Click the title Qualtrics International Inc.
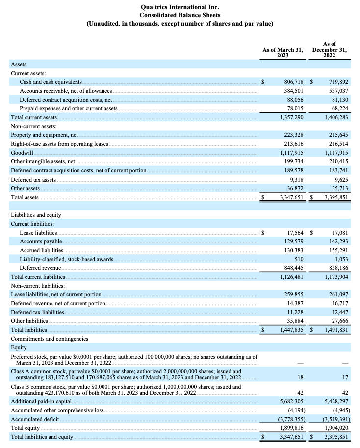click(x=180, y=7)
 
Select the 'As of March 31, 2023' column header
click(x=283, y=52)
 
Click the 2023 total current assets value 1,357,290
click(x=291, y=117)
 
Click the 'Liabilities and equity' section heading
click(x=36, y=215)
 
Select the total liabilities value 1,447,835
click(x=291, y=330)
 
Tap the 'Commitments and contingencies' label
click(x=50, y=339)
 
